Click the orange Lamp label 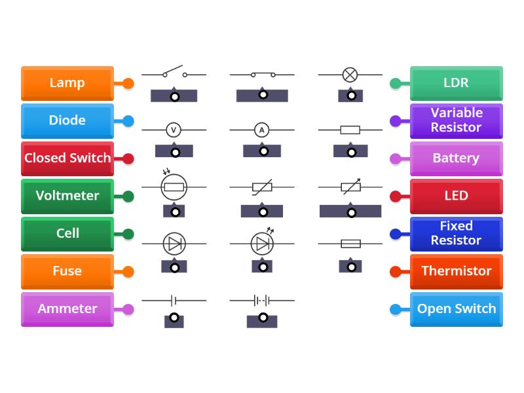[x=67, y=83]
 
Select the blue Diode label [x=67, y=121]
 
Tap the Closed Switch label [x=67, y=159]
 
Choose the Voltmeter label [x=67, y=196]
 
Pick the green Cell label [x=67, y=234]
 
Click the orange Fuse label [x=67, y=271]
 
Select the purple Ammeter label [x=67, y=309]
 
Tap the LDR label [x=456, y=83]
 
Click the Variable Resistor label [x=456, y=121]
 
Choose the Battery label [x=456, y=159]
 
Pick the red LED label [x=456, y=196]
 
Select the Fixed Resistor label [x=456, y=234]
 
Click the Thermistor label [x=456, y=271]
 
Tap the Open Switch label [x=456, y=309]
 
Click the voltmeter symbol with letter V [x=174, y=130]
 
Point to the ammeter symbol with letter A [x=262, y=130]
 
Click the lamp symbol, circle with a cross [x=350, y=75]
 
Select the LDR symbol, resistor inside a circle [x=174, y=187]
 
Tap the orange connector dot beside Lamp [x=128, y=83]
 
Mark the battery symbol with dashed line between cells [x=262, y=301]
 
